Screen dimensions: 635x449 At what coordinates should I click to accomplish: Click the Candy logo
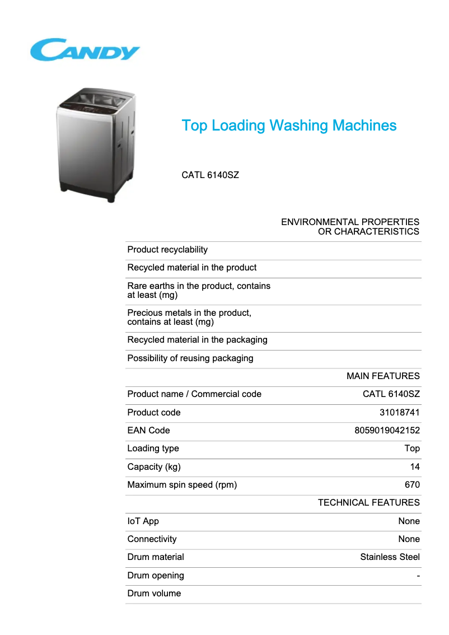point(85,50)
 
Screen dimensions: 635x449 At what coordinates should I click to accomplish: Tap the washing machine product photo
point(97,144)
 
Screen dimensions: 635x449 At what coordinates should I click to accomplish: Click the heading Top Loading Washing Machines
point(289,125)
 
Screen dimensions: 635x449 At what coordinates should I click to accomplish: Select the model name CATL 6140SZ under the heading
point(210,175)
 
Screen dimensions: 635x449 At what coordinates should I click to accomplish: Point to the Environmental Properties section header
point(350,227)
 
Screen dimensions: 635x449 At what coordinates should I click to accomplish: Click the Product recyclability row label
point(167,250)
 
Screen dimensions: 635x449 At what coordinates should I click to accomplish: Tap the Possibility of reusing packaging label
point(190,358)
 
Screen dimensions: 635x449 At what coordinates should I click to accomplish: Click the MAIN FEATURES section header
point(383,376)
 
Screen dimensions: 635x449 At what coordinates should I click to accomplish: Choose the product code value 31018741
point(399,413)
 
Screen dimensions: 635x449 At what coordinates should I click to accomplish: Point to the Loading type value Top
point(412,449)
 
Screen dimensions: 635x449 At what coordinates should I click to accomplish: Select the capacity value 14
point(414,467)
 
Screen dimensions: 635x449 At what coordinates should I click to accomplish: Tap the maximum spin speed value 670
point(412,485)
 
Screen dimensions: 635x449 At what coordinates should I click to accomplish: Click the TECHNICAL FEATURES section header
point(368,503)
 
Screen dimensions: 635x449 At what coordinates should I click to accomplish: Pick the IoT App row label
point(143,521)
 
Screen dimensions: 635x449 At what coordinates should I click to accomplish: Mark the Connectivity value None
point(409,539)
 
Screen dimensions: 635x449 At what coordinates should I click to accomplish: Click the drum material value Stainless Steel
point(390,557)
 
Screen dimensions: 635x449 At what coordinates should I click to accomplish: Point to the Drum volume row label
point(154,594)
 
